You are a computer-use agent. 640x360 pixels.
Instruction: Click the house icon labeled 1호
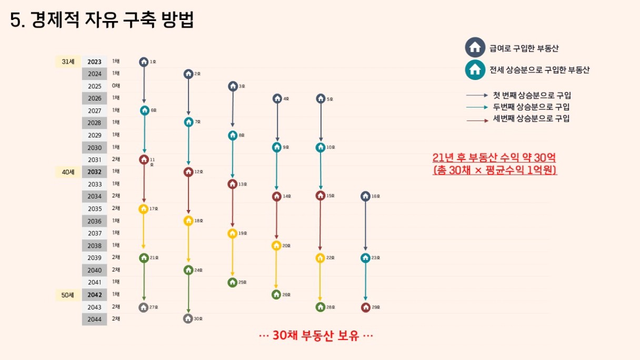pyautogui.click(x=144, y=62)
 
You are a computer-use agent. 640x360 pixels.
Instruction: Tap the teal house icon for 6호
pyautogui.click(x=145, y=111)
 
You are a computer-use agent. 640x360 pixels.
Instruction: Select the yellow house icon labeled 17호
pyautogui.click(x=143, y=209)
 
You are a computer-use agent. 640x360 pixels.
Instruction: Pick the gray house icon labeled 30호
pyautogui.click(x=188, y=318)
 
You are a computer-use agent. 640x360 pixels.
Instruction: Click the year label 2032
pyautogui.click(x=95, y=172)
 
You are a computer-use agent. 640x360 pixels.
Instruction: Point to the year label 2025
pyautogui.click(x=95, y=86)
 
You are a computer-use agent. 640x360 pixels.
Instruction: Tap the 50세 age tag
pyautogui.click(x=68, y=295)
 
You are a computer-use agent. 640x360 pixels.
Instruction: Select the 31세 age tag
pyautogui.click(x=68, y=62)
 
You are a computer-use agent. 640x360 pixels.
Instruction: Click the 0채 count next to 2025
pyautogui.click(x=116, y=86)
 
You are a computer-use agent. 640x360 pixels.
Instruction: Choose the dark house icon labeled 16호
pyautogui.click(x=366, y=196)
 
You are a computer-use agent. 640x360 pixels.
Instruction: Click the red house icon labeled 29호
pyautogui.click(x=366, y=307)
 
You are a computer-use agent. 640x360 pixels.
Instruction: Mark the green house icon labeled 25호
pyautogui.click(x=232, y=283)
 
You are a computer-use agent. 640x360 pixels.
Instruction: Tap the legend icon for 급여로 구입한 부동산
pyautogui.click(x=475, y=47)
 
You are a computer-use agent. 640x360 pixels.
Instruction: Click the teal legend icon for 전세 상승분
pyautogui.click(x=475, y=69)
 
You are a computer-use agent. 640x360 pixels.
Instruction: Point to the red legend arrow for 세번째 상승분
pyautogui.click(x=477, y=121)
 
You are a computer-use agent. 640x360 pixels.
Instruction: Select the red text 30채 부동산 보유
pyautogui.click(x=316, y=336)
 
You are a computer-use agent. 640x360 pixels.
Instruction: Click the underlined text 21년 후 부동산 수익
pyautogui.click(x=494, y=158)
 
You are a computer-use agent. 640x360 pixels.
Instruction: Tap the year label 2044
pyautogui.click(x=95, y=319)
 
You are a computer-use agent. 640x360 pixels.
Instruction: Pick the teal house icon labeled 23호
pyautogui.click(x=366, y=258)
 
